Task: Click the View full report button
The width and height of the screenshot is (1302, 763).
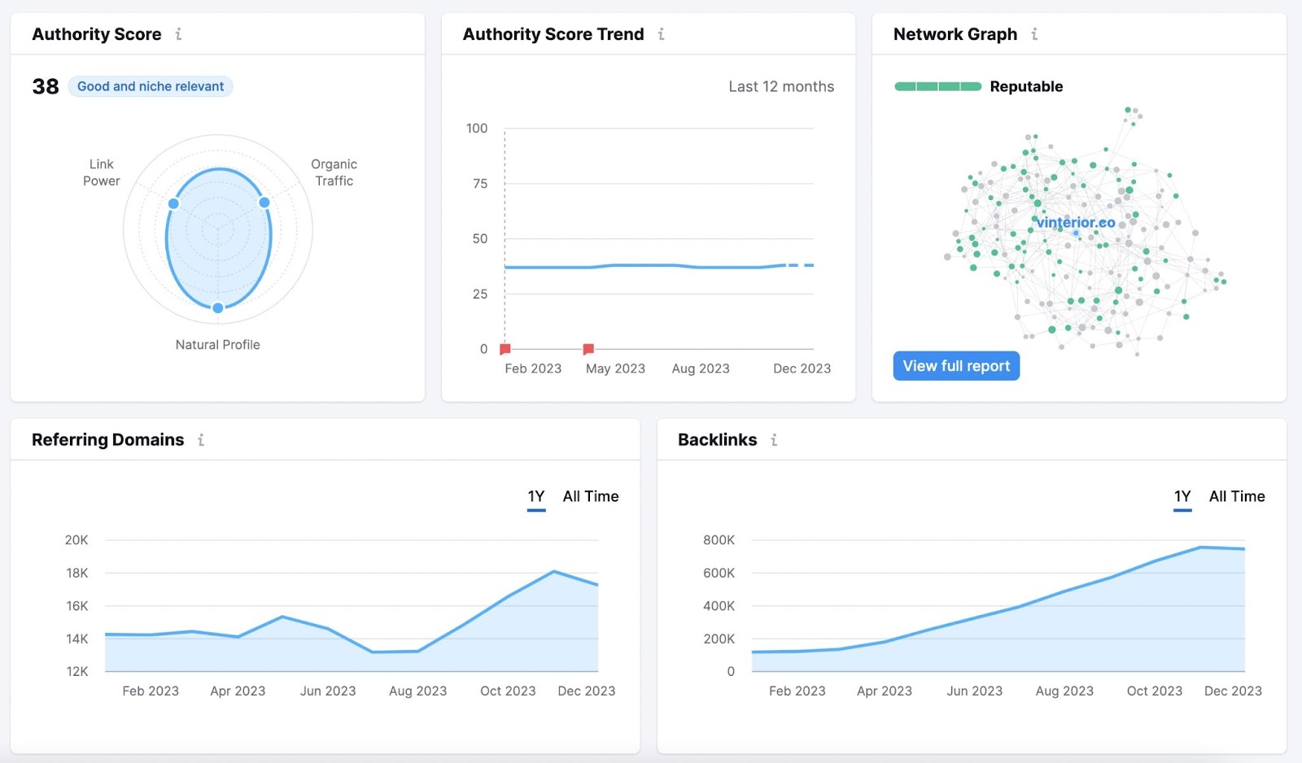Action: [956, 366]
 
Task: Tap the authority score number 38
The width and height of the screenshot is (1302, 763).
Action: [46, 86]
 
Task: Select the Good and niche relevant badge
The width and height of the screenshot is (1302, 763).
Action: [151, 86]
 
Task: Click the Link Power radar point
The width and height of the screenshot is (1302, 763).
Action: [173, 203]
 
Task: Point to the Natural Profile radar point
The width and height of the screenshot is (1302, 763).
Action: [218, 307]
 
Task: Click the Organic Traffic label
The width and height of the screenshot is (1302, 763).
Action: [334, 172]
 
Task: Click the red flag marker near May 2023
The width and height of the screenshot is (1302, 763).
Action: [588, 349]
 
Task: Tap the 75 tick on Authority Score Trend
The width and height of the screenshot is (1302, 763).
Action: [480, 184]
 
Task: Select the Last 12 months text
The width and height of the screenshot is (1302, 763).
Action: [781, 86]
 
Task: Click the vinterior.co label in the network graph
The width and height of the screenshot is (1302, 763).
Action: [1076, 222]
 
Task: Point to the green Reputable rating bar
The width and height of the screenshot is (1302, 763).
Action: [937, 86]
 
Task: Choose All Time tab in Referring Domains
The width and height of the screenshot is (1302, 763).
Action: [591, 496]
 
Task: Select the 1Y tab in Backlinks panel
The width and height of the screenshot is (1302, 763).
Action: [1182, 496]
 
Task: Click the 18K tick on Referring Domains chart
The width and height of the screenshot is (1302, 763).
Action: [77, 573]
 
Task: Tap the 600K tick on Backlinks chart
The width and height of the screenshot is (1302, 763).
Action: [719, 573]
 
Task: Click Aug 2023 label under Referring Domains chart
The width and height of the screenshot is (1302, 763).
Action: [417, 691]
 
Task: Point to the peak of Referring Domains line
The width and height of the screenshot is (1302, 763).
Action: [554, 571]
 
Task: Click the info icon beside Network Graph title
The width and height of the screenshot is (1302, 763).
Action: [1034, 34]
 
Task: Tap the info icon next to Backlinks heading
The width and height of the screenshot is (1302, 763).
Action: [774, 440]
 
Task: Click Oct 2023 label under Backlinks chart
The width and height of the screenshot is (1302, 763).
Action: [1154, 691]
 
